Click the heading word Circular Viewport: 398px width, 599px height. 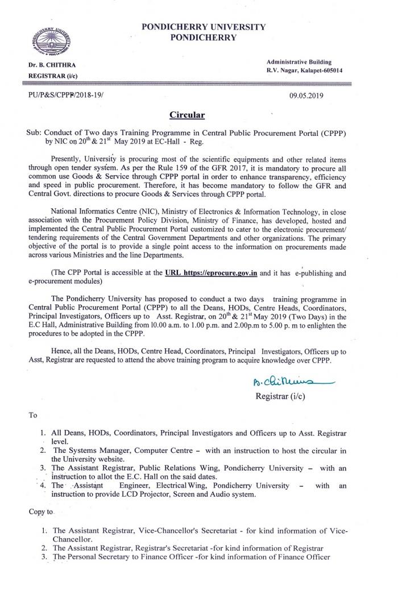tap(187, 115)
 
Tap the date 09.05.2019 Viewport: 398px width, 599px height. tap(306, 96)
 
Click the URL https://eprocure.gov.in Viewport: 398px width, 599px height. tap(211, 273)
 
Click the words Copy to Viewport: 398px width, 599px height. tap(41, 512)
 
